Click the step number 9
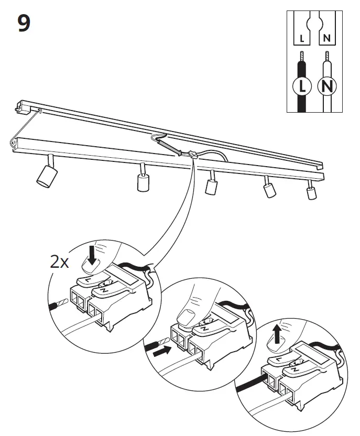pyautogui.click(x=24, y=24)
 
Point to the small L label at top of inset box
pyautogui.click(x=301, y=38)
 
